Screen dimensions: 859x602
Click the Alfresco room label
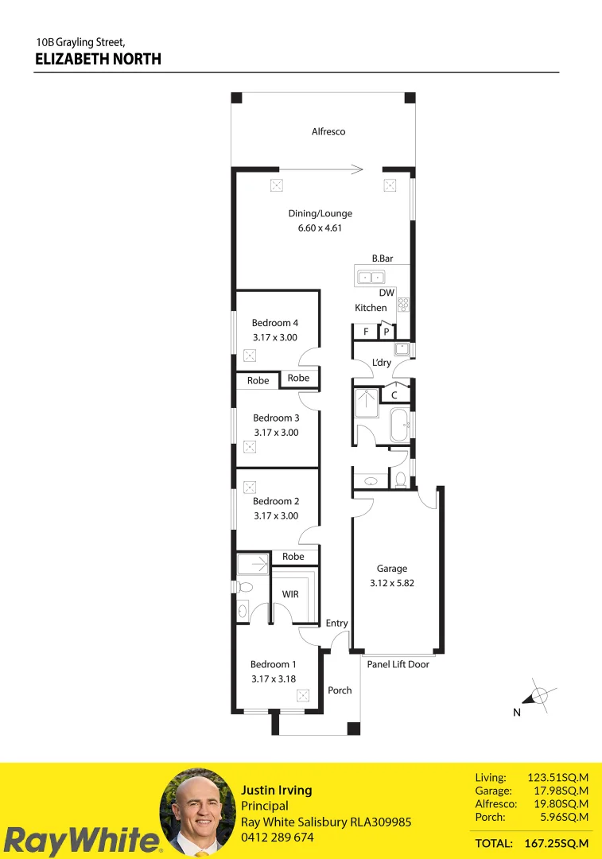click(x=328, y=132)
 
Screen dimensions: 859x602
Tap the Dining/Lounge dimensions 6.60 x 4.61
click(x=320, y=228)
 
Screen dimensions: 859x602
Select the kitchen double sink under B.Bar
click(x=371, y=278)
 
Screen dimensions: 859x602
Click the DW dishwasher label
click(x=386, y=293)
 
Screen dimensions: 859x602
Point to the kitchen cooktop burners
click(x=403, y=304)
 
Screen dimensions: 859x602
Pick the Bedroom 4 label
click(x=275, y=323)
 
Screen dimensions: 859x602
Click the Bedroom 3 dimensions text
click(x=276, y=433)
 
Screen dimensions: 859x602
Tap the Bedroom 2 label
click(x=276, y=501)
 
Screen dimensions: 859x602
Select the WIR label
click(x=290, y=594)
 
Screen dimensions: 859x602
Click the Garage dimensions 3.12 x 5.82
click(x=392, y=582)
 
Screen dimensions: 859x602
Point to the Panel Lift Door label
click(x=398, y=664)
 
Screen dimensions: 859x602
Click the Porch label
click(x=340, y=690)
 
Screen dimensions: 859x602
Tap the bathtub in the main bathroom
click(x=398, y=426)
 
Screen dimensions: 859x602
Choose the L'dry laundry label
click(x=382, y=363)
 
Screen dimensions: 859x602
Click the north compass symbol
click(x=538, y=697)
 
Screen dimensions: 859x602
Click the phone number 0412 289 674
click(x=278, y=838)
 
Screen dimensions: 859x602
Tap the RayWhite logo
click(x=82, y=840)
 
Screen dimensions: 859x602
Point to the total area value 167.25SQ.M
click(x=557, y=843)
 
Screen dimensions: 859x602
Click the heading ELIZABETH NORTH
click(x=99, y=59)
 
